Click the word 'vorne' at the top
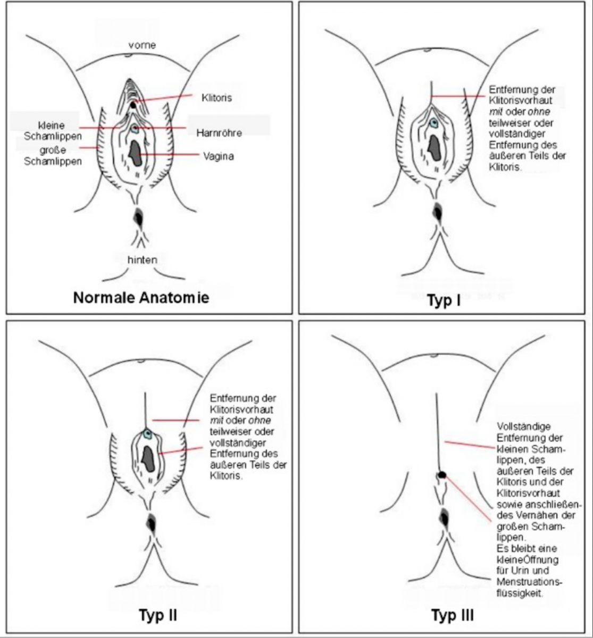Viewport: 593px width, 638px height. coord(141,45)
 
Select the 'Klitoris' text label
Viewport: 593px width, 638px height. coord(217,98)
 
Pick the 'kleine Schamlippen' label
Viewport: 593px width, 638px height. coord(53,131)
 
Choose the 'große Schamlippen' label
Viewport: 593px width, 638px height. coord(53,155)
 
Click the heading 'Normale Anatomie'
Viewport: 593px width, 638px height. coord(141,297)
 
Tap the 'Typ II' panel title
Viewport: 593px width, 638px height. coord(158,616)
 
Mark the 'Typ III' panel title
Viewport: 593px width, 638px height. coord(452,616)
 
